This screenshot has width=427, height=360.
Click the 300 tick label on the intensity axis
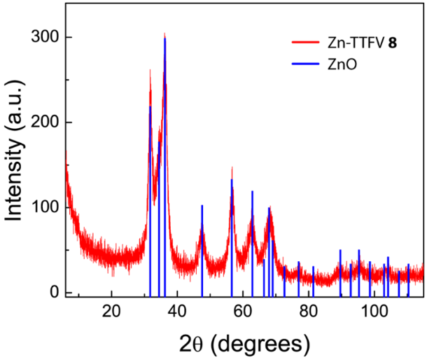click(x=44, y=37)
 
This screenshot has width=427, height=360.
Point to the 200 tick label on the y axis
click(x=44, y=123)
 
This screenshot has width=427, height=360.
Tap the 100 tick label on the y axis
click(x=44, y=208)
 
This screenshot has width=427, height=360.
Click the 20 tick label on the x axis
click(x=111, y=311)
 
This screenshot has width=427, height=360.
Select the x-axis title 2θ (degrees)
click(x=243, y=344)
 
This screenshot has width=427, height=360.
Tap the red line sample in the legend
click(x=305, y=43)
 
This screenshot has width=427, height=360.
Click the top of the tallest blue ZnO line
click(x=165, y=39)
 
